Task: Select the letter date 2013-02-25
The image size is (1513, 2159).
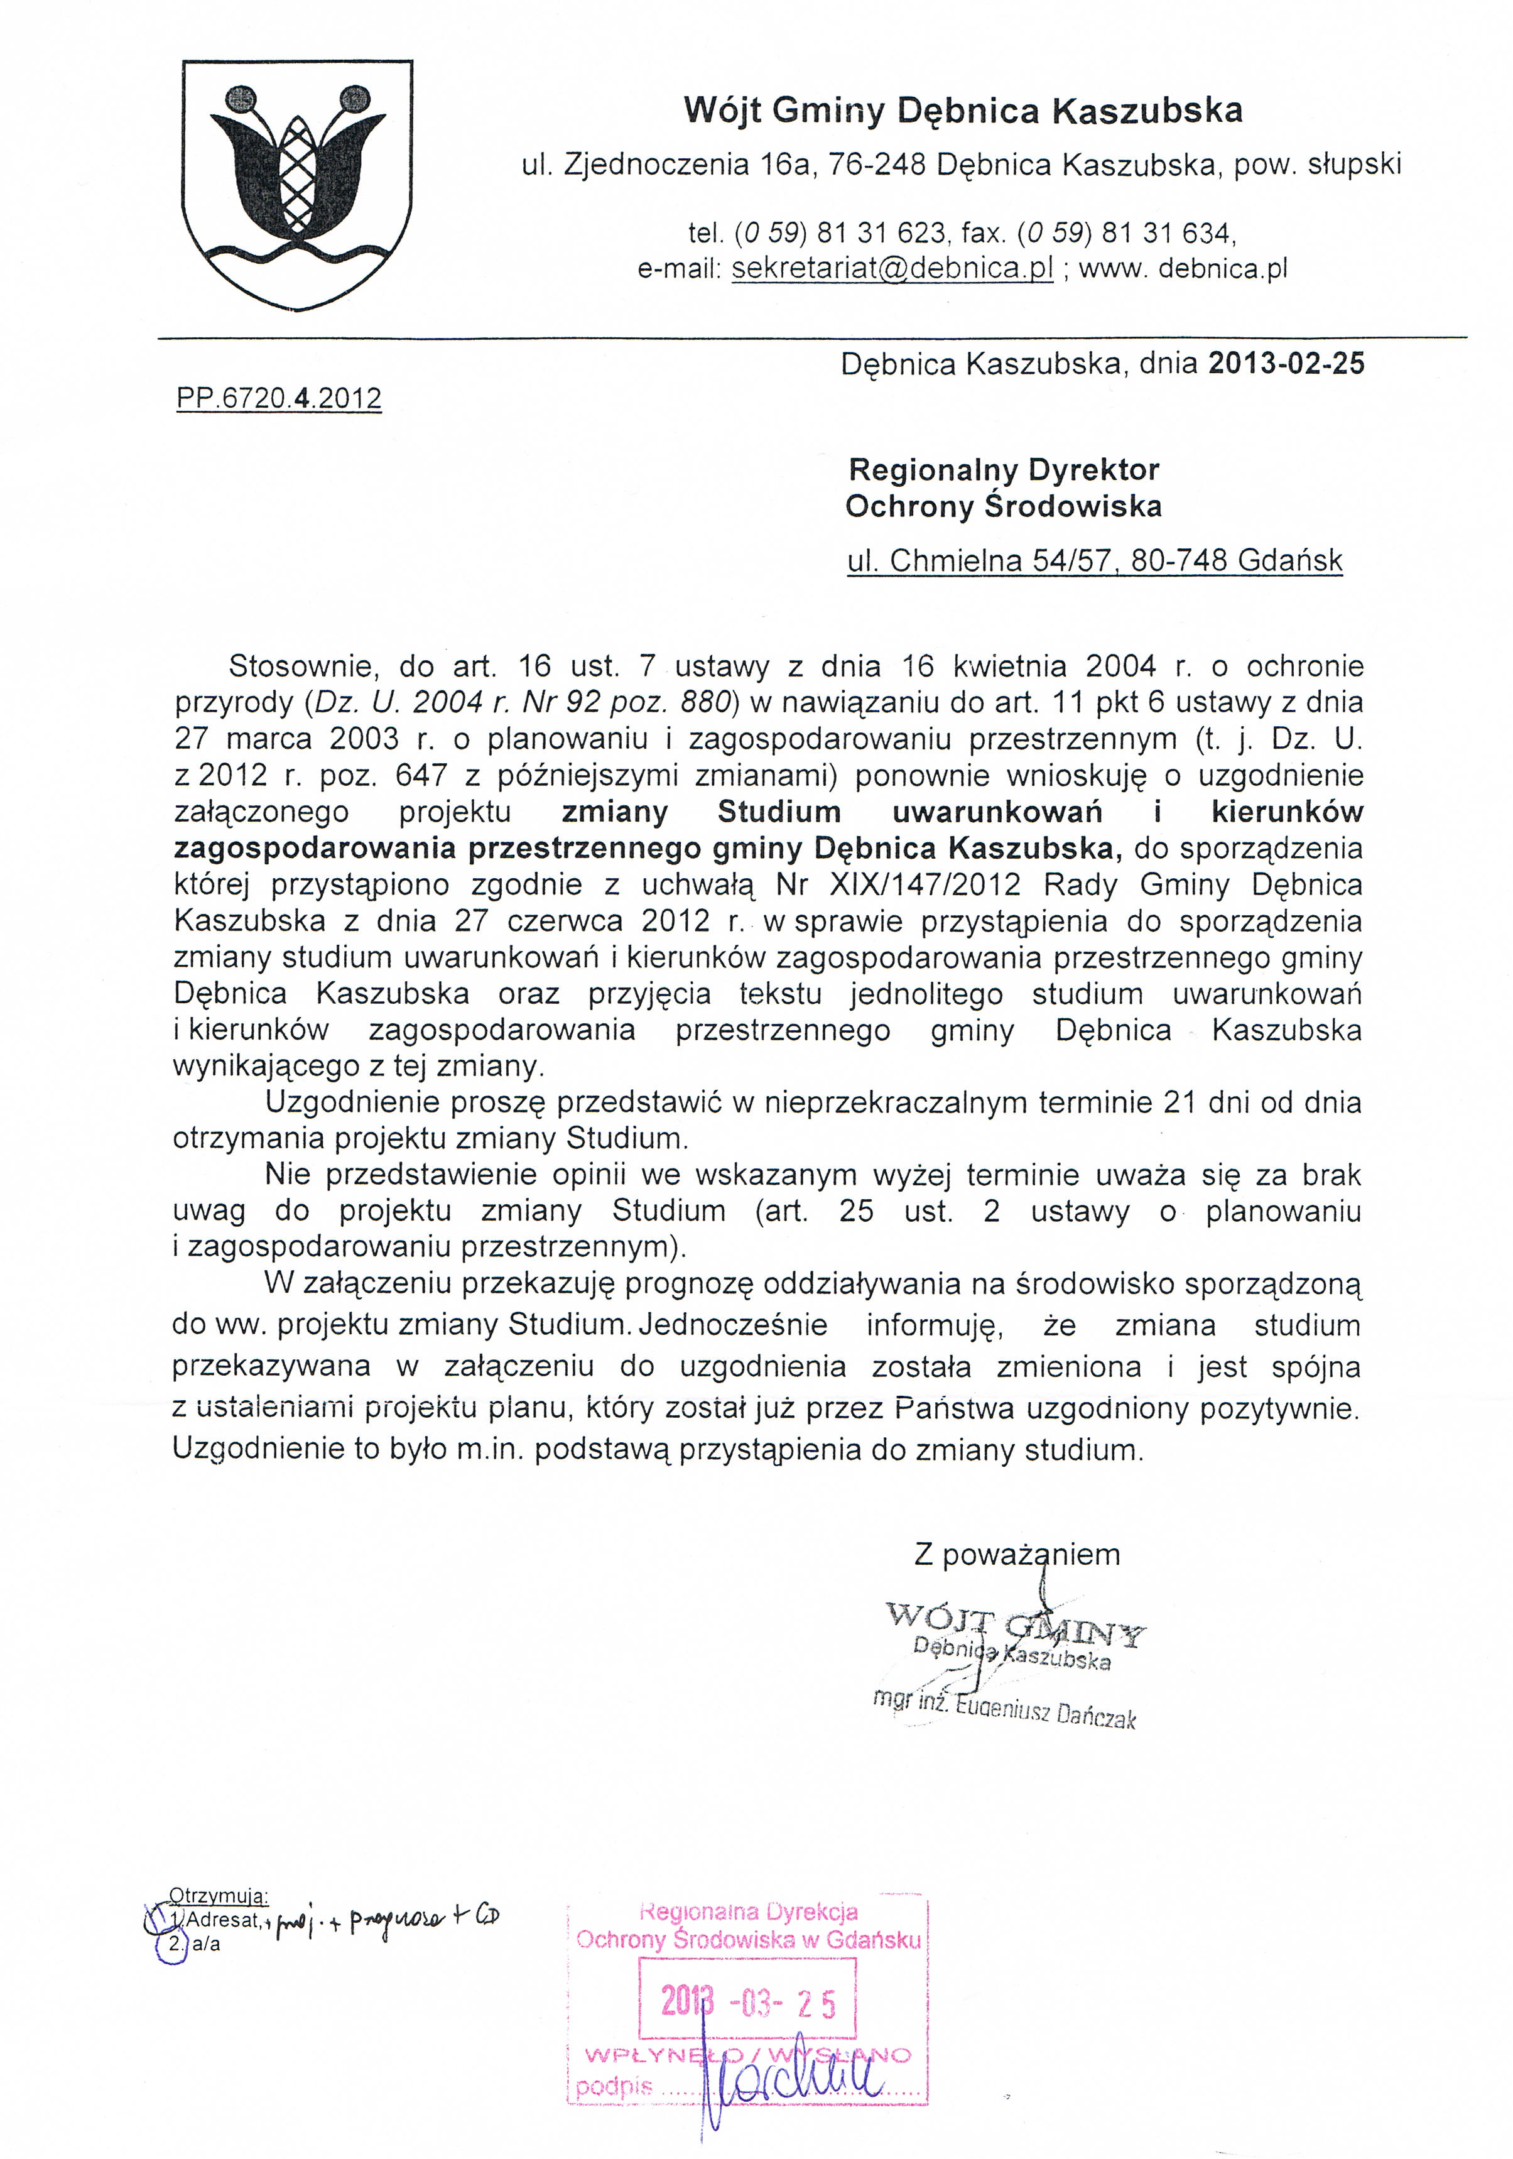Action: [x=1286, y=364]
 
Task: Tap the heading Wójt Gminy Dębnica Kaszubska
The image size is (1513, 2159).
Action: [x=962, y=111]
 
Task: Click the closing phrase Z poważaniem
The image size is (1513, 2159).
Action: [x=1016, y=1554]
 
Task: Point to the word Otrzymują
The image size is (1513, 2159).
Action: [x=218, y=1895]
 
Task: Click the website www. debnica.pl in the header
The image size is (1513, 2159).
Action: [x=1182, y=269]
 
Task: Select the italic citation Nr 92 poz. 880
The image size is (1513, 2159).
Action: [x=634, y=702]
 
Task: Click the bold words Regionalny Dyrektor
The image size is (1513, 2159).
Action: [x=1004, y=469]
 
